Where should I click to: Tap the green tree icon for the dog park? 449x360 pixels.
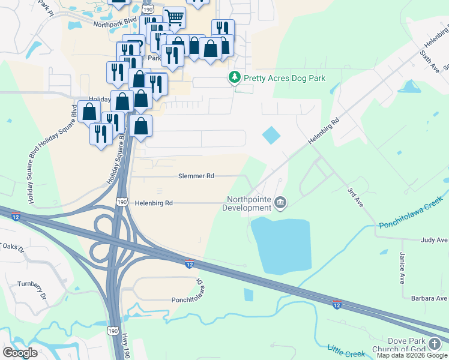pyautogui.click(x=234, y=77)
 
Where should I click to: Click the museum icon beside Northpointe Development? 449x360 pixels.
pyautogui.click(x=280, y=204)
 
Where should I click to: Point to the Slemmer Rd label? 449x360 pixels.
pyautogui.click(x=196, y=176)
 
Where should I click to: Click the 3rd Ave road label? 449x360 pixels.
pyautogui.click(x=355, y=197)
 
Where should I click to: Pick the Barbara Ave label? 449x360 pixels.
pyautogui.click(x=429, y=298)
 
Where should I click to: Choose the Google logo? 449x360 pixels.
pyautogui.click(x=20, y=353)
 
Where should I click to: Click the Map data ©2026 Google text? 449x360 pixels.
pyautogui.click(x=412, y=355)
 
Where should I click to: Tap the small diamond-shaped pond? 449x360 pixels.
pyautogui.click(x=271, y=135)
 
